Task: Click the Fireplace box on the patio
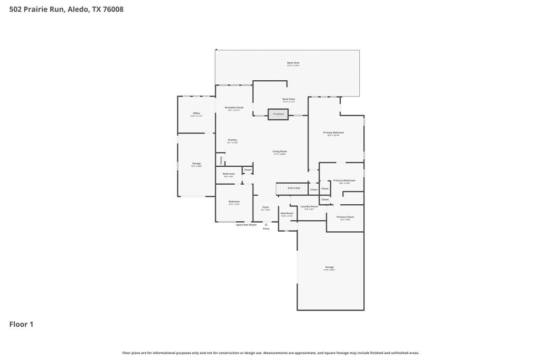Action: tap(278, 114)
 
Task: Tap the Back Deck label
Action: tap(293, 63)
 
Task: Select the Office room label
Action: tap(197, 113)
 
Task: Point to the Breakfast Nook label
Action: tap(234, 108)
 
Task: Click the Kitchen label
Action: tap(232, 140)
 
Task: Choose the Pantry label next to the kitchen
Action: tap(221, 159)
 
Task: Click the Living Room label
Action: tap(279, 151)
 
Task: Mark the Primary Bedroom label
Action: tap(333, 133)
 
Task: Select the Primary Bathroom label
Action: tap(344, 181)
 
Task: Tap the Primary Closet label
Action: tap(345, 217)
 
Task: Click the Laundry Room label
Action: tap(309, 206)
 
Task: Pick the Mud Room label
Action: tap(287, 213)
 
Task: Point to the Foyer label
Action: tap(266, 207)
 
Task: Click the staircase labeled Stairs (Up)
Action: tap(292, 188)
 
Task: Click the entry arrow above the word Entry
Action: tap(266, 224)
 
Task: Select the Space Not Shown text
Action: tap(246, 225)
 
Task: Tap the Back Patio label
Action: tap(288, 99)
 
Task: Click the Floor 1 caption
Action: tap(21, 324)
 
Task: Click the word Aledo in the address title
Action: tap(78, 9)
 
